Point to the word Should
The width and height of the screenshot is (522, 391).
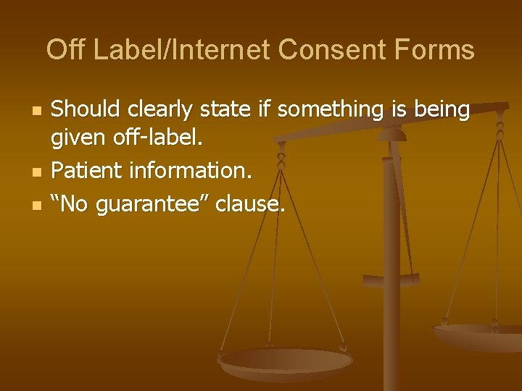(87, 110)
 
